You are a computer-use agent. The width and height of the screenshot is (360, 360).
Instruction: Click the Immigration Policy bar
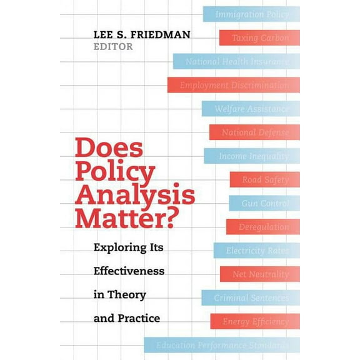coord(251,14)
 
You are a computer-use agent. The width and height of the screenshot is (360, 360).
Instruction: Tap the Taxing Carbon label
coord(260,37)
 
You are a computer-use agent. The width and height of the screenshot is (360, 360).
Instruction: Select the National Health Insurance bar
coord(236,61)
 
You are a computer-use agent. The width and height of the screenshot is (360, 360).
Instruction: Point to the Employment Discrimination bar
coord(234,85)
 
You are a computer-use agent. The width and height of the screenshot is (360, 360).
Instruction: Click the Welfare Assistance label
coord(251,109)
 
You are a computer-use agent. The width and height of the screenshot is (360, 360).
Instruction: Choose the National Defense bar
coord(255,132)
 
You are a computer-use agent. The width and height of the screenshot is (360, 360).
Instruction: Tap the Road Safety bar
coord(265,180)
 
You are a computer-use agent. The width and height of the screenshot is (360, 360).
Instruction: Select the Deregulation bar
coord(263,227)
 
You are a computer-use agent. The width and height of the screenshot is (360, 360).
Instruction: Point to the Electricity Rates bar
coord(257,251)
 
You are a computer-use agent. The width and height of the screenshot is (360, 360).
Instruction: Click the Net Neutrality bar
coord(260,274)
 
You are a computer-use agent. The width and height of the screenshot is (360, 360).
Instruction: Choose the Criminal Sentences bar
coord(251,298)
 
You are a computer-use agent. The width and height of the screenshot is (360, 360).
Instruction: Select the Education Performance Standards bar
coord(222,345)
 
